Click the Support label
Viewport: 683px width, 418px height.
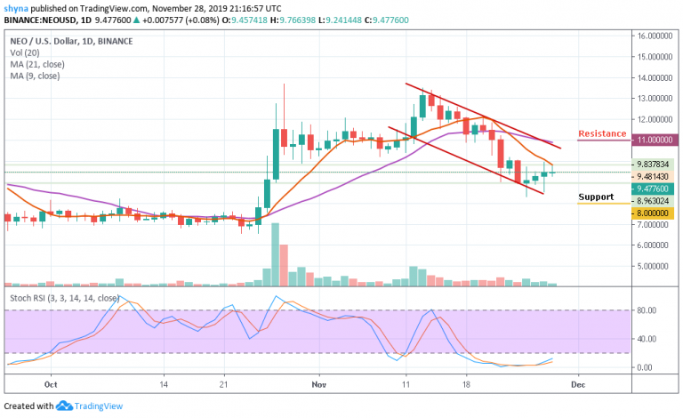tap(596, 197)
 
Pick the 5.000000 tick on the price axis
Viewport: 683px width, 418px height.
tap(650, 265)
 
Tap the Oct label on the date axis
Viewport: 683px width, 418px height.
tap(51, 386)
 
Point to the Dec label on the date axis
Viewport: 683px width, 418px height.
tap(576, 386)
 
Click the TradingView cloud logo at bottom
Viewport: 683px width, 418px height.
tap(64, 406)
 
